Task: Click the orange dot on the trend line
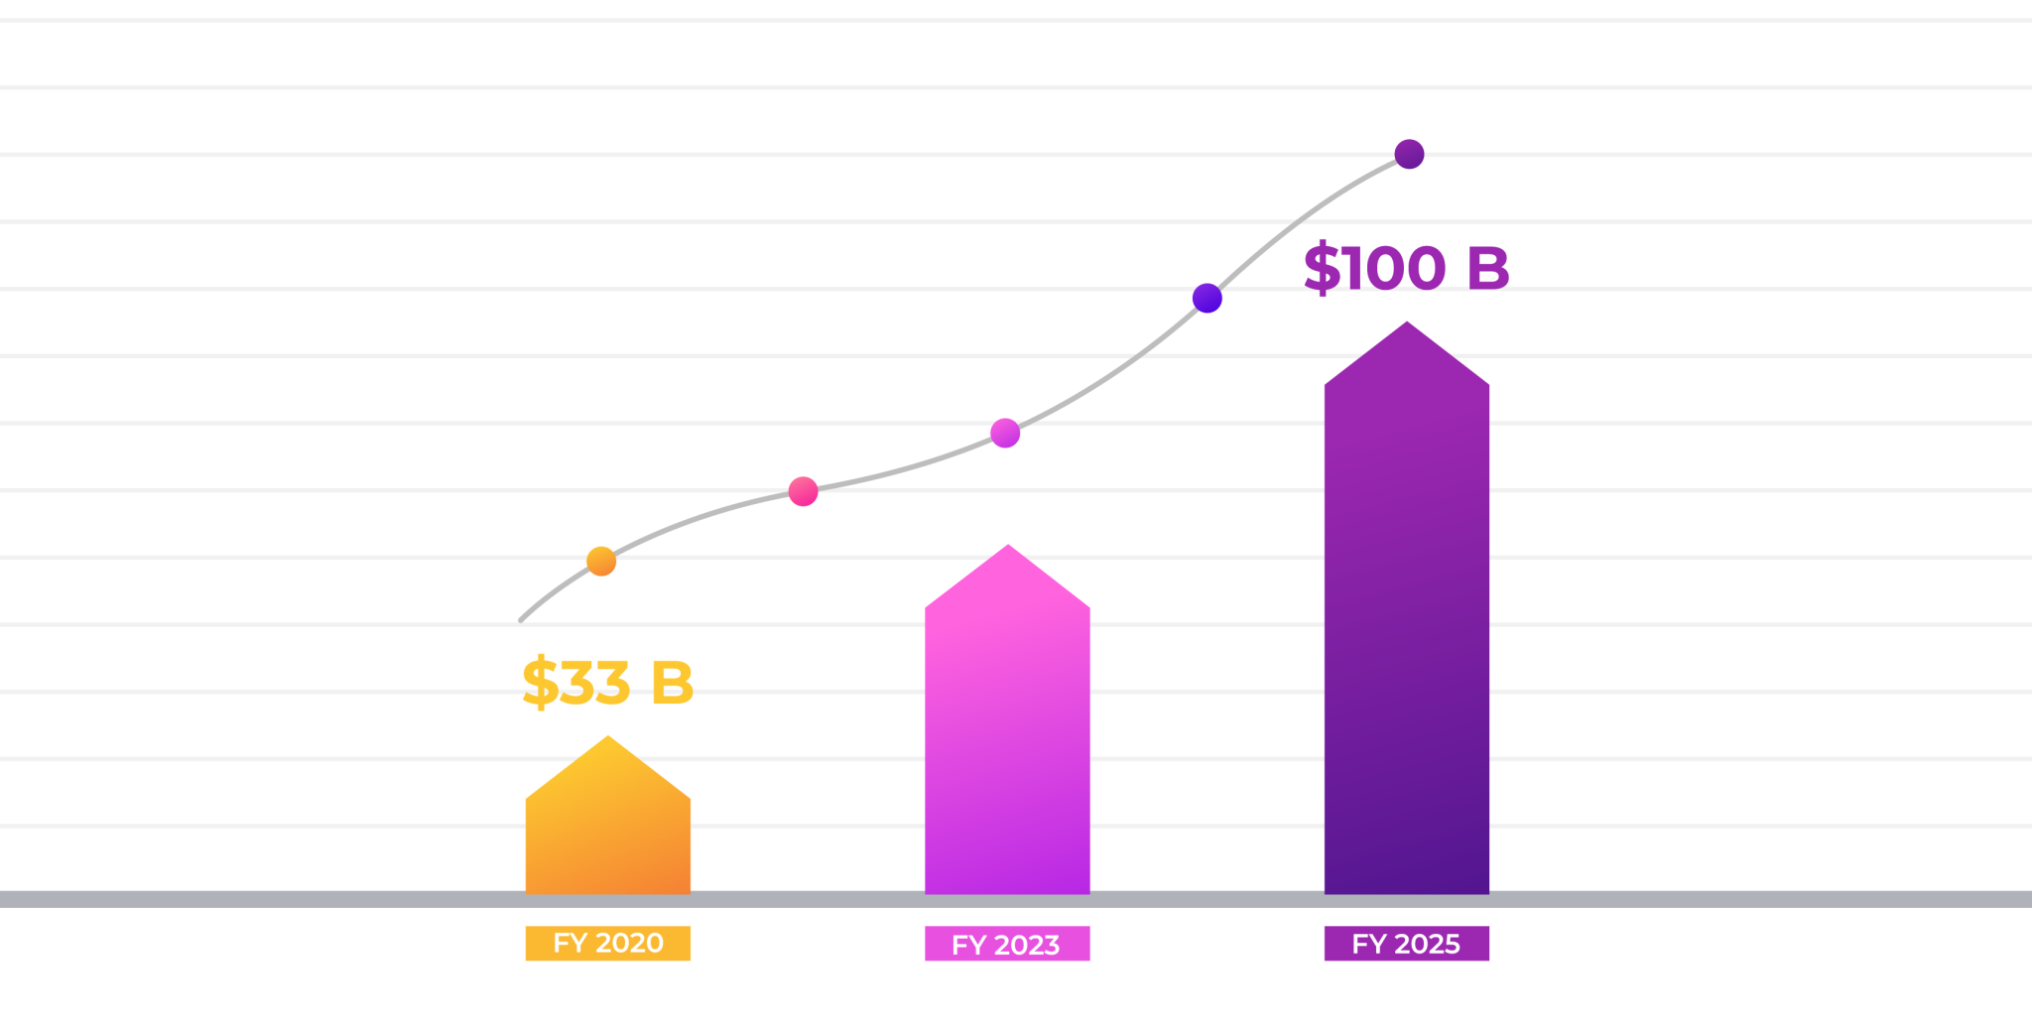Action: tap(601, 562)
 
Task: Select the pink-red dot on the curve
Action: tap(803, 491)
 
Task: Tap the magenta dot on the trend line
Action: tap(1005, 433)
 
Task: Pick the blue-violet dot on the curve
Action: tap(1206, 298)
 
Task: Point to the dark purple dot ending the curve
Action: tap(1409, 154)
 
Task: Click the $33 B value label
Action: tap(607, 683)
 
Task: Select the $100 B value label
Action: tap(1406, 268)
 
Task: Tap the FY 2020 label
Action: tap(607, 943)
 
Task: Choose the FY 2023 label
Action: tap(1007, 944)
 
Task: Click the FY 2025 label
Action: tap(1406, 943)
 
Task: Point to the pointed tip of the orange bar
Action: tap(608, 739)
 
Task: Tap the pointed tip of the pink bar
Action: tap(1008, 548)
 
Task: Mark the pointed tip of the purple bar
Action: tap(1407, 324)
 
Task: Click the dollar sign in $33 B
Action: tap(540, 683)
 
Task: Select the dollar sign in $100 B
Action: tap(1322, 268)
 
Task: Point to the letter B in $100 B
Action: tap(1487, 268)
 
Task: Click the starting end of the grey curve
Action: tap(521, 620)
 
